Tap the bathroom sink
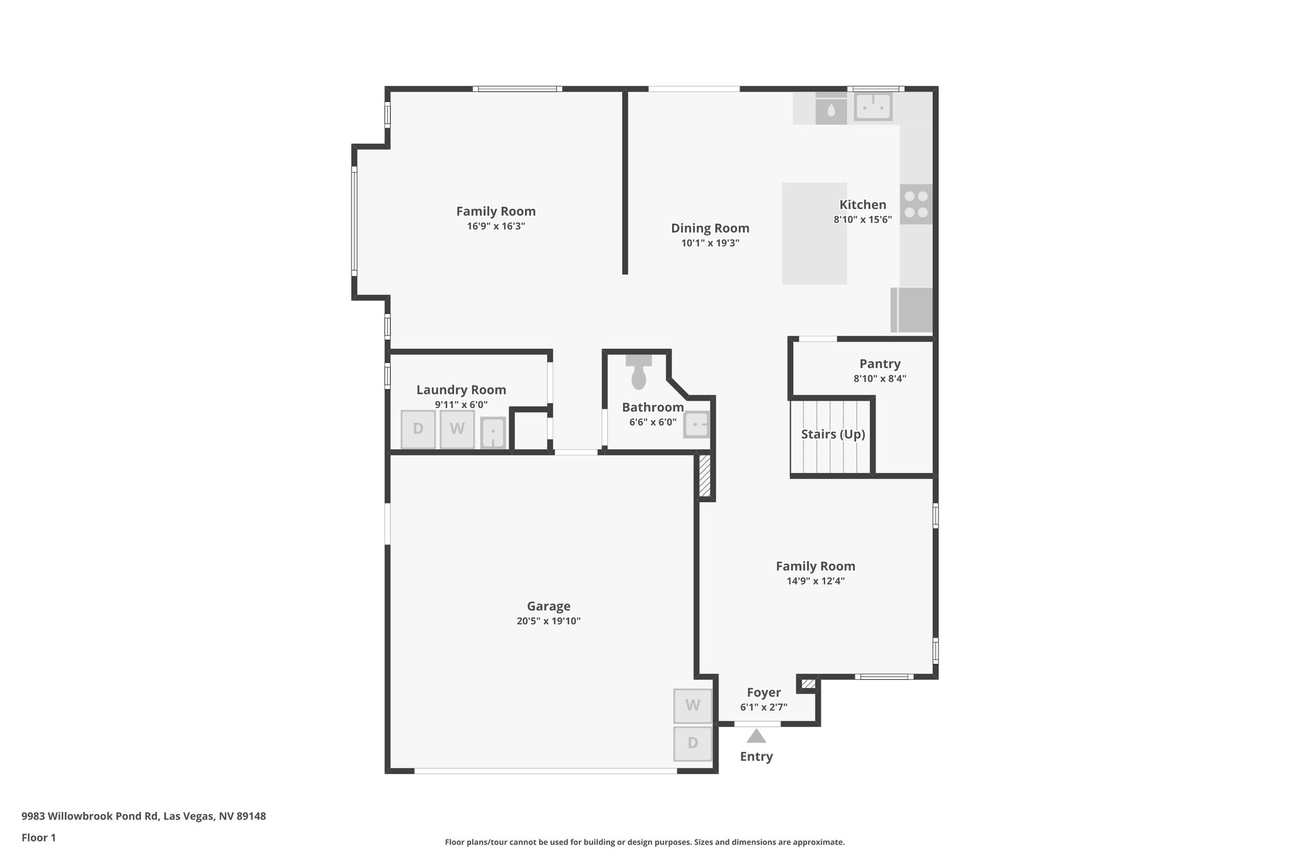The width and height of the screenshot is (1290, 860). point(697,425)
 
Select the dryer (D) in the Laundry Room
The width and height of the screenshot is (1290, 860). point(418,429)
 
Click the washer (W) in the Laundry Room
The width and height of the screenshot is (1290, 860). point(457,429)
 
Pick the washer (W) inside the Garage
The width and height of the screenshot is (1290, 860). point(693,706)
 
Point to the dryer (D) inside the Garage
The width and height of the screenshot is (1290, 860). point(693,743)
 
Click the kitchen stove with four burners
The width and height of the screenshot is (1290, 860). point(916,204)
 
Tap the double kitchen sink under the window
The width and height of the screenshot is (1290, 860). point(873,106)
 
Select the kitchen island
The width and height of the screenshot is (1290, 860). point(814,233)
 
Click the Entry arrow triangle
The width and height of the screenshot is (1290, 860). point(756,736)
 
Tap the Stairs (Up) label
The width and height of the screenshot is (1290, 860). point(833,434)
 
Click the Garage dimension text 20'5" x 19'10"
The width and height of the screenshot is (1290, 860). point(548,621)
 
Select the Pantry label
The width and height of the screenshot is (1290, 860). point(880,364)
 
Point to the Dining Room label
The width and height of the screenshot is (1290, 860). point(710,228)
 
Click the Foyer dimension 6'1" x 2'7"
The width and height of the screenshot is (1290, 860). point(763,708)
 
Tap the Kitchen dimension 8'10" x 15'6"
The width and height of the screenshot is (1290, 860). point(862,220)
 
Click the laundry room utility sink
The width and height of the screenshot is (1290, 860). point(493,433)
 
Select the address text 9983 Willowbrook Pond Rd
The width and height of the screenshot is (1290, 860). point(144,816)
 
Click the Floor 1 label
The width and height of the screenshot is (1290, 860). point(38,837)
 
